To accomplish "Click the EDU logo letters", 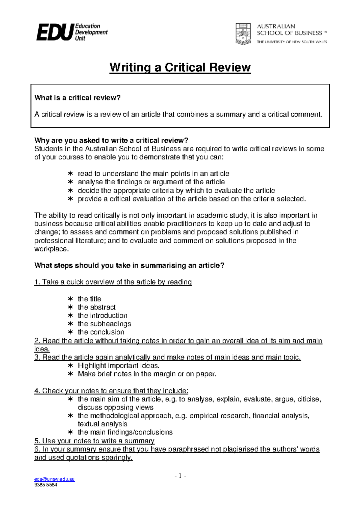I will (55, 32).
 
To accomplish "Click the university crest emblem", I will (243, 34).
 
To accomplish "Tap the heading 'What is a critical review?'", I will (77, 98).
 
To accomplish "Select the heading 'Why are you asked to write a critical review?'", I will (111, 140).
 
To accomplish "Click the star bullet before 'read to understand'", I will (70, 174).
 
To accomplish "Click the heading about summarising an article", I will (129, 265).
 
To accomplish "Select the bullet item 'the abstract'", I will (97, 307).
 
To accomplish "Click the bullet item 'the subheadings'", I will (104, 324).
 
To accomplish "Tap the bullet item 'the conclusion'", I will (101, 332).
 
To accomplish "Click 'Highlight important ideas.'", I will (118, 365).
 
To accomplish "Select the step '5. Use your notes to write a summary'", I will (94, 441).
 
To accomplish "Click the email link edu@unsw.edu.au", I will (54, 479).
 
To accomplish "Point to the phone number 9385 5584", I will (46, 485).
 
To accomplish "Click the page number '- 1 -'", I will (180, 475).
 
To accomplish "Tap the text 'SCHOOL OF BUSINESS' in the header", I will (289, 33).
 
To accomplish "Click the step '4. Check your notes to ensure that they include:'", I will (111, 391).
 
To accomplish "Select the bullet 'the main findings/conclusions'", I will (125, 432).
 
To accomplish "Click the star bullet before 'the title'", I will (70, 299).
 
